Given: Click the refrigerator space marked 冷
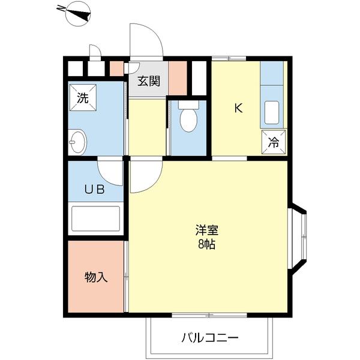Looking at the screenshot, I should point(273,143).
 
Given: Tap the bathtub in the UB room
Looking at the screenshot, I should point(96,218).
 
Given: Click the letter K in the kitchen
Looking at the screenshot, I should point(238,109).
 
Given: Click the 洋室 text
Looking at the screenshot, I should point(206,230).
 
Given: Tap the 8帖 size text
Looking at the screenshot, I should point(206,244).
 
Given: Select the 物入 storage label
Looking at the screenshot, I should point(95,277).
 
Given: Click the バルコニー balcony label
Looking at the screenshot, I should point(210,337).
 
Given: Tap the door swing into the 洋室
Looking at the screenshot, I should point(145,177).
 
